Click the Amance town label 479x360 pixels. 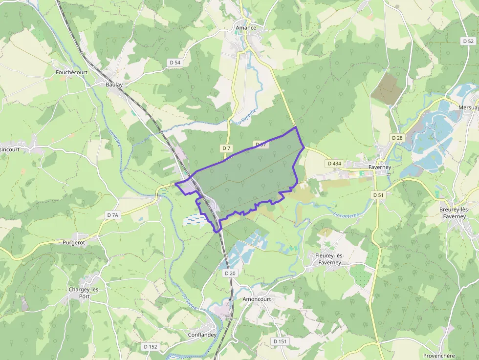click(246, 28)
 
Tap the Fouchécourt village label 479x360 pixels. click(71, 72)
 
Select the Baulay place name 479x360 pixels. click(114, 85)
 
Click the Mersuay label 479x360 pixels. click(468, 107)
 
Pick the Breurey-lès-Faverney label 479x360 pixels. click(454, 213)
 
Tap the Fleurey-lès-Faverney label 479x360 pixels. click(327, 259)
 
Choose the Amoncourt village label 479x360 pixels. click(257, 299)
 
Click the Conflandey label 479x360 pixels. click(202, 335)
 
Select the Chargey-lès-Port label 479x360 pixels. click(84, 293)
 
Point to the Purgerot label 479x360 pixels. click(74, 242)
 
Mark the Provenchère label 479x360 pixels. click(438, 356)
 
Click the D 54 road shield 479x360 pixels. click(174, 63)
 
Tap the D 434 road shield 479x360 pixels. click(334, 163)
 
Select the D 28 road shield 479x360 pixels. click(397, 138)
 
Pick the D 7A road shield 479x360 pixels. click(112, 215)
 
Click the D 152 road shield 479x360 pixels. click(151, 346)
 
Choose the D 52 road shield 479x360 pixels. click(468, 41)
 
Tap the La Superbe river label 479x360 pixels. click(246, 116)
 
